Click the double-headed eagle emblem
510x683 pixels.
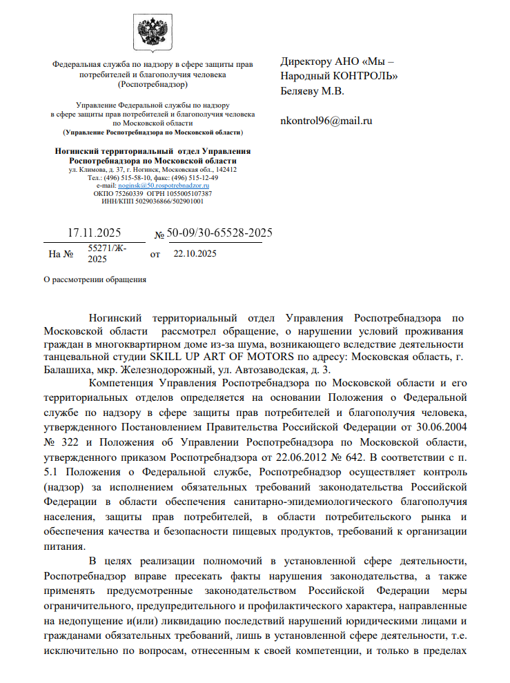[x=153, y=34]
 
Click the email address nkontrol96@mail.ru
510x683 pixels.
[x=326, y=121]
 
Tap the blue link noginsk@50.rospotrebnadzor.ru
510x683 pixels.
[x=164, y=186]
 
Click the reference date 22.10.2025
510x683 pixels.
[x=195, y=254]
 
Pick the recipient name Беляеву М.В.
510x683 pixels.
[x=312, y=90]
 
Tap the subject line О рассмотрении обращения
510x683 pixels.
[x=95, y=279]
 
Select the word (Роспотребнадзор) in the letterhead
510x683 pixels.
[x=153, y=84]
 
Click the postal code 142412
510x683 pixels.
[x=225, y=169]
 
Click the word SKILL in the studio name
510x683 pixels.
[x=168, y=357]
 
